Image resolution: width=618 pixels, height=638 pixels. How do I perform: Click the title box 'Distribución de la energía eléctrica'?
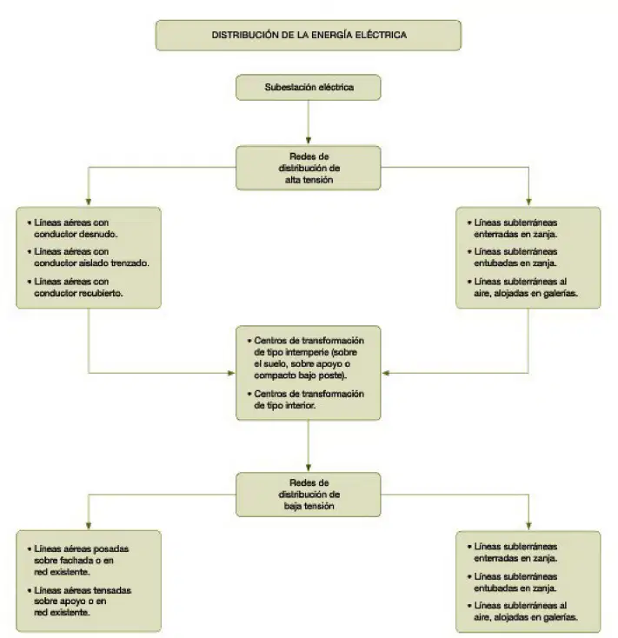(309, 36)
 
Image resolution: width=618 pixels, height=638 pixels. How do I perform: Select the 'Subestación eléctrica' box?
(309, 87)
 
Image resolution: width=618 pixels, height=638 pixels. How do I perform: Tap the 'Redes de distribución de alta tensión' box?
(309, 168)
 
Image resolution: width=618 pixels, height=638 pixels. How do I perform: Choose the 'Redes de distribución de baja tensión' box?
(309, 495)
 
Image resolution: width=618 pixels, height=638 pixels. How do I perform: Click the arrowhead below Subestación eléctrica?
(309, 140)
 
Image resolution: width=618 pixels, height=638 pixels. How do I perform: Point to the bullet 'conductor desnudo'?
(72, 229)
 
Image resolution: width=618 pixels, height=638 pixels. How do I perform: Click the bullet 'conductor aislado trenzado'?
(89, 257)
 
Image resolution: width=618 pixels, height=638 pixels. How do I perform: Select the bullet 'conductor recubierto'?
(76, 287)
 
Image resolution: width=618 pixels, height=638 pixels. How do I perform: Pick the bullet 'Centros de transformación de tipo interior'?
(306, 400)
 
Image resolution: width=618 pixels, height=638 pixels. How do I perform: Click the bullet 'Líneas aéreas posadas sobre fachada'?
(78, 561)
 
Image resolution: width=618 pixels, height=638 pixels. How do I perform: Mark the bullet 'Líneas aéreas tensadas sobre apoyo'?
(79, 601)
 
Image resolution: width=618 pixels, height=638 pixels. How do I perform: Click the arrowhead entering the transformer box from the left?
(231, 373)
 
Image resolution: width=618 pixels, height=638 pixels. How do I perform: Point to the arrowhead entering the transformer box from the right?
(386, 373)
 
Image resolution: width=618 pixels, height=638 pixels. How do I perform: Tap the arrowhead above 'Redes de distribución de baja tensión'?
(309, 468)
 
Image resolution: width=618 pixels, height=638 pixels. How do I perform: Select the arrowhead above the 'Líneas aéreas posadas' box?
(89, 526)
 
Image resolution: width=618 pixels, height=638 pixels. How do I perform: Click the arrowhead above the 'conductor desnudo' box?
(89, 202)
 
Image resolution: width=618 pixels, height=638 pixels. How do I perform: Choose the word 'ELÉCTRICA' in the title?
(382, 35)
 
